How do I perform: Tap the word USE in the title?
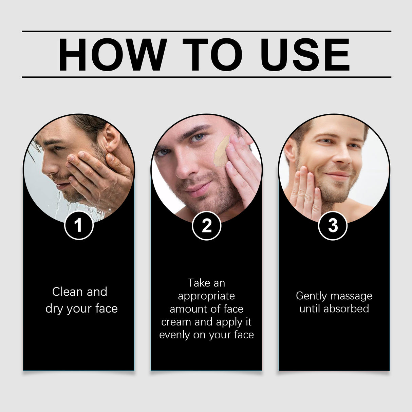[305, 55]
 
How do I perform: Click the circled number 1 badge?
[79, 225]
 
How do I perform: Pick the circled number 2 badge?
[206, 226]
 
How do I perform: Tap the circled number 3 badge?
[333, 226]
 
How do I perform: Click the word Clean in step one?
[68, 292]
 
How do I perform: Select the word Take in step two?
[199, 283]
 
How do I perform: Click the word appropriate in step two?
[206, 296]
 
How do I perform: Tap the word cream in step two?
[176, 322]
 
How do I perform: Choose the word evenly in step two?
[174, 335]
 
